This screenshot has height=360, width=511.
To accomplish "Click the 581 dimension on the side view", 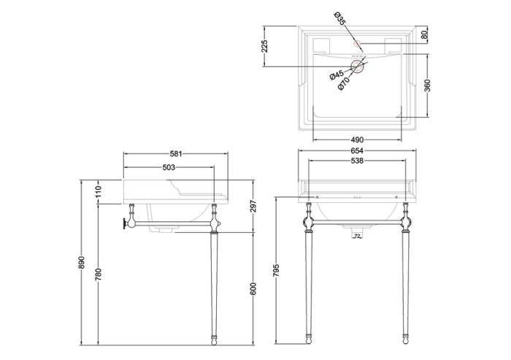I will (176, 153).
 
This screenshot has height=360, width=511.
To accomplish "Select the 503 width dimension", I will (169, 167).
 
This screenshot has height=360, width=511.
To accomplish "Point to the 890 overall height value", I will (82, 261).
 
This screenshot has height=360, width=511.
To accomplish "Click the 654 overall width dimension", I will (357, 151).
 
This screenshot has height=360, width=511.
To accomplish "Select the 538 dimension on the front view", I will (357, 161).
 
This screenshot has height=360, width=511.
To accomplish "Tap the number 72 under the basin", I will (357, 236).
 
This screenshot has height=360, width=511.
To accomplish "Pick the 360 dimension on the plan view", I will (429, 85).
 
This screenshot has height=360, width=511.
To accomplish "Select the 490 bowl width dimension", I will (357, 139).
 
